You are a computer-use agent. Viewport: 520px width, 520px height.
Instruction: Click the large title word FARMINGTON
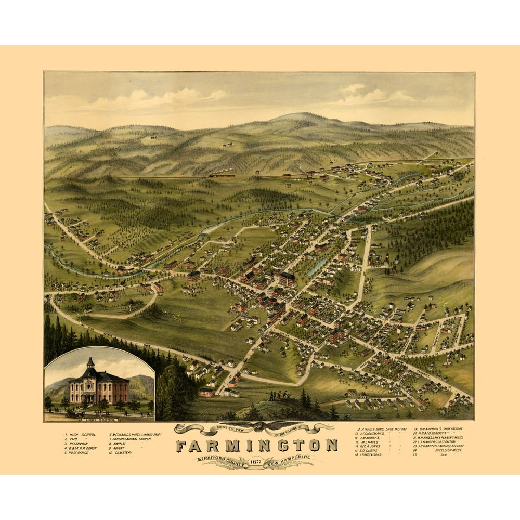click(x=256, y=446)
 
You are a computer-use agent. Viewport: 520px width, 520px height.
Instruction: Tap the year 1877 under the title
click(x=255, y=458)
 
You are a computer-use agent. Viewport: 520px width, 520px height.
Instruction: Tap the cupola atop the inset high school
click(x=90, y=363)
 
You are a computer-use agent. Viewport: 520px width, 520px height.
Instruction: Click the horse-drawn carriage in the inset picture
click(x=75, y=414)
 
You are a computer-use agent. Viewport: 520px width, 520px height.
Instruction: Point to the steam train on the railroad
click(x=221, y=175)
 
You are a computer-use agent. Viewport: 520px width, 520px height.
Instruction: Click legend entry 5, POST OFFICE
click(x=77, y=453)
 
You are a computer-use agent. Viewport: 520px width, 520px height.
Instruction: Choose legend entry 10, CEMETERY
click(x=122, y=453)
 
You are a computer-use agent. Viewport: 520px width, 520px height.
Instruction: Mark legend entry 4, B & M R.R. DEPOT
click(x=82, y=448)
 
